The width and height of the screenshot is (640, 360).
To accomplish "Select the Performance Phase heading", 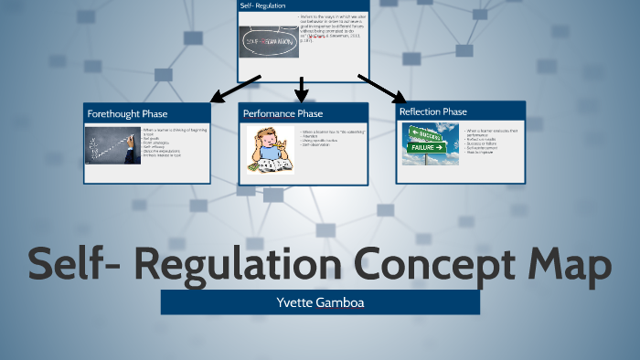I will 283,113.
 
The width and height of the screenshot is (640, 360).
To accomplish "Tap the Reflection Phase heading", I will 433,111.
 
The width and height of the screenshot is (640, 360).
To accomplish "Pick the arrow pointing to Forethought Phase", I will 235,88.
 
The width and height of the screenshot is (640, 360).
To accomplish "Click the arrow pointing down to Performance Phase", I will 303,89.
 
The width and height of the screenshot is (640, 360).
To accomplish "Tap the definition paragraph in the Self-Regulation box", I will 331,35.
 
